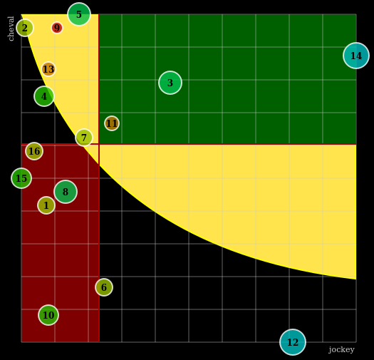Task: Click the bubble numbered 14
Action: coord(356,56)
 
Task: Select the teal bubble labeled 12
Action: coord(293,342)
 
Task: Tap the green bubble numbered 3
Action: coord(170,83)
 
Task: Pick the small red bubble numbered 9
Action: coord(57,28)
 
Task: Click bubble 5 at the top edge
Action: coord(79,14)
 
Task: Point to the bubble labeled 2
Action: coord(25,28)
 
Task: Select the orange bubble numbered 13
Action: coord(48,69)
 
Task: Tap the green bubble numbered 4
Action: coord(44,96)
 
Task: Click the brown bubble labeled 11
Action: coord(112,123)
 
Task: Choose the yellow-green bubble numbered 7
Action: coord(84,138)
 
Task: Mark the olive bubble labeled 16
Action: coord(34,151)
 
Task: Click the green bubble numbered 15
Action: coord(21,178)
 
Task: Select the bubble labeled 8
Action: coord(66,192)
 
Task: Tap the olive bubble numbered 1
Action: coord(46,205)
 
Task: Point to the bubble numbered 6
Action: coord(104,287)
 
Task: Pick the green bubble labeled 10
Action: coord(48,315)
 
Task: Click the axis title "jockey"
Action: coord(341,350)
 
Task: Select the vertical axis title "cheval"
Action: coord(11,29)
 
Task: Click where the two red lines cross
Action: coord(99,144)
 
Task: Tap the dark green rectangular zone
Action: coord(228,79)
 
